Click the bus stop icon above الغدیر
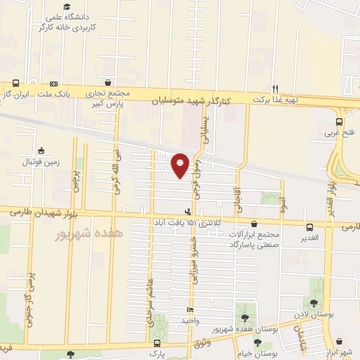click(x=309, y=226)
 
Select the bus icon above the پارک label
click(x=157, y=343)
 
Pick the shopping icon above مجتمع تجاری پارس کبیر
click(x=107, y=82)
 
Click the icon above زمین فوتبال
click(x=41, y=150)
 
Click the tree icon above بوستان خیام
click(x=258, y=343)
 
